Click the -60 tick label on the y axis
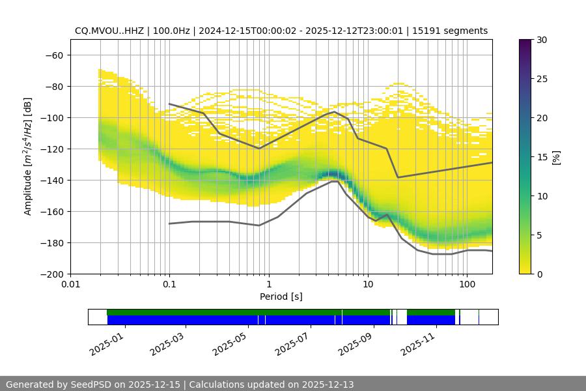coord(53,55)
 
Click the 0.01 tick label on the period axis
coord(70,285)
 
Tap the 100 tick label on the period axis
coord(466,285)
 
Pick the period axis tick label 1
coord(268,285)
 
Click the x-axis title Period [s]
coord(281,297)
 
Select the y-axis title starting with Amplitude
coord(28,156)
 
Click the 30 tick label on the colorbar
coord(542,40)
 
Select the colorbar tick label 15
coord(542,157)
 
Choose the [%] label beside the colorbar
coord(555,156)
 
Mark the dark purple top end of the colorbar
coord(525,42)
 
